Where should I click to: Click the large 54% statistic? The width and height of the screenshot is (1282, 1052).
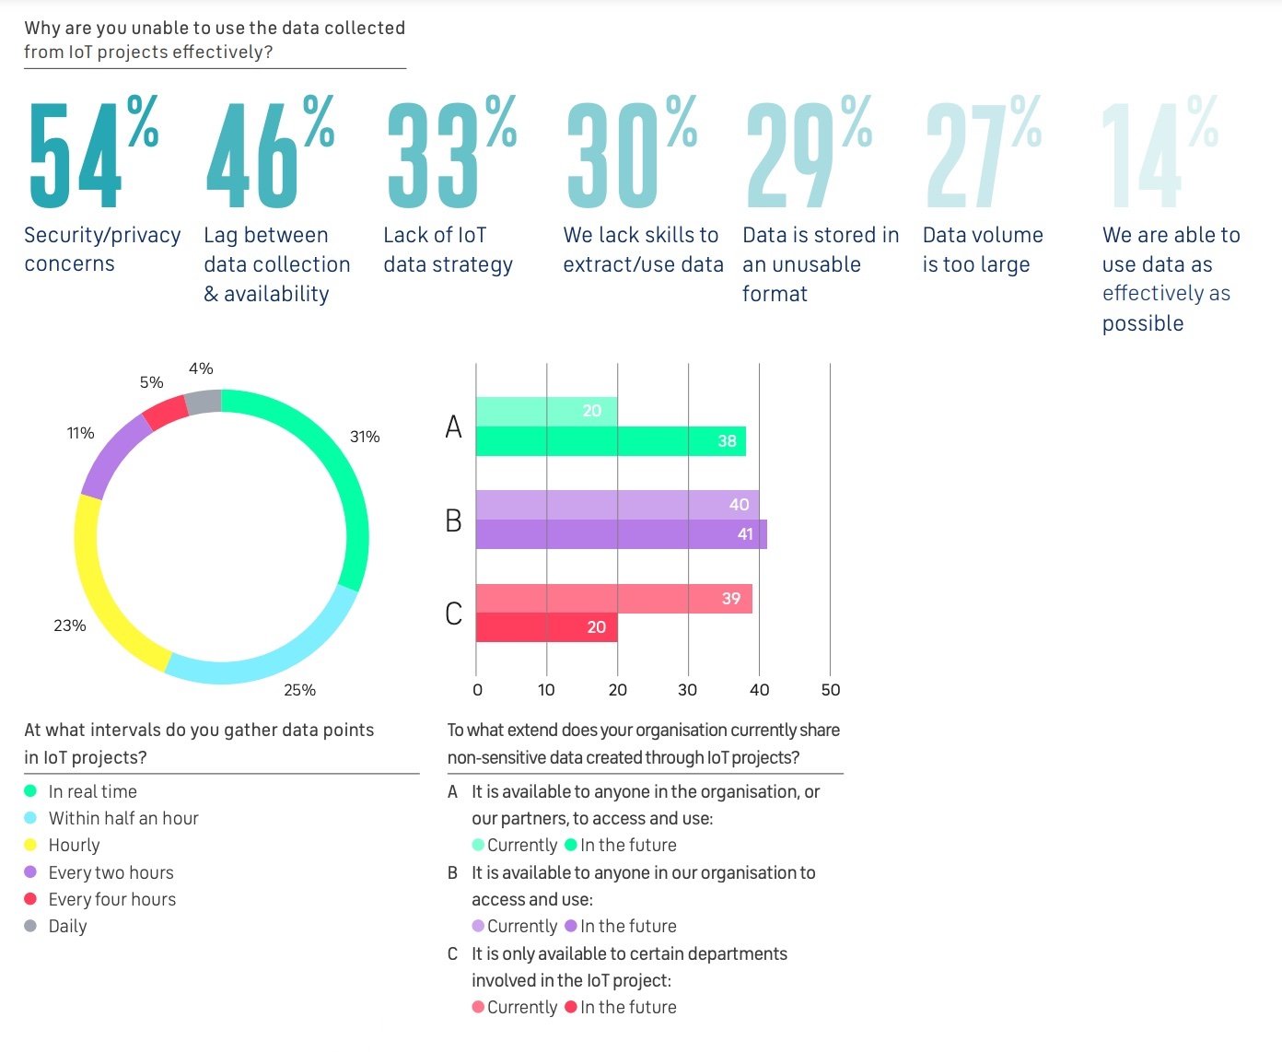[92, 154]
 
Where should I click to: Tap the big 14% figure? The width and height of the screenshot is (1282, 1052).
[1159, 154]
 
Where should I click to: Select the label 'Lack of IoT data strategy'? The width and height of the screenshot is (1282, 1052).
[448, 250]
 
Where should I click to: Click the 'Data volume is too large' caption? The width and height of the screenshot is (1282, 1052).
[983, 250]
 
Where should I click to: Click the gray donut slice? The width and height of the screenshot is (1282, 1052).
[204, 402]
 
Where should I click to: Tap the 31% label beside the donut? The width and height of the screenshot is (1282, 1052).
[365, 437]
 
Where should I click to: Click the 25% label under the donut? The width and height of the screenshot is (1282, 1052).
[299, 690]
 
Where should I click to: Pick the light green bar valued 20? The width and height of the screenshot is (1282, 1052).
[546, 411]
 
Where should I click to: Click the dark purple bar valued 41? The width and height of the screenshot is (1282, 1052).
[621, 534]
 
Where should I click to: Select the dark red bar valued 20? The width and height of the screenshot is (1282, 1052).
[546, 627]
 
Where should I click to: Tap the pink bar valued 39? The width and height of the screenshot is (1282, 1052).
[613, 599]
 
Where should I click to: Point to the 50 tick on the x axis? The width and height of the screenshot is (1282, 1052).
[830, 690]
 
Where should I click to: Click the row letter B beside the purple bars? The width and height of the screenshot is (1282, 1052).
[453, 520]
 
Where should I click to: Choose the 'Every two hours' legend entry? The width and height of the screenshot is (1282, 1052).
[111, 872]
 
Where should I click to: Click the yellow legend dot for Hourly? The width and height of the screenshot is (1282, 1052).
[30, 845]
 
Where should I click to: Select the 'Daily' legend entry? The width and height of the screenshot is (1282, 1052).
[67, 926]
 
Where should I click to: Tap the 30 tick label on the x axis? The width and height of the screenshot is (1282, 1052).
[688, 690]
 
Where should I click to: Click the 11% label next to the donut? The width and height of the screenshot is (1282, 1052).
[81, 433]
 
